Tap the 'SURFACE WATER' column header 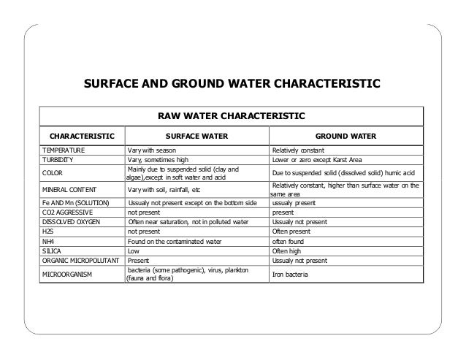[197, 135]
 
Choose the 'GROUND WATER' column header [345, 135]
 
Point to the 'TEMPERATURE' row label [64, 150]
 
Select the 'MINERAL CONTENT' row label [70, 191]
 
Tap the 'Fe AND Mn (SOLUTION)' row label [75, 203]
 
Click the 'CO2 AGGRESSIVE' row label [67, 212]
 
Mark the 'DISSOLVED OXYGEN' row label [71, 221]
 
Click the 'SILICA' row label [52, 249]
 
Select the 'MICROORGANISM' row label [66, 275]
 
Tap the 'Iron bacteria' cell [291, 275]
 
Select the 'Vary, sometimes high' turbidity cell [158, 159]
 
